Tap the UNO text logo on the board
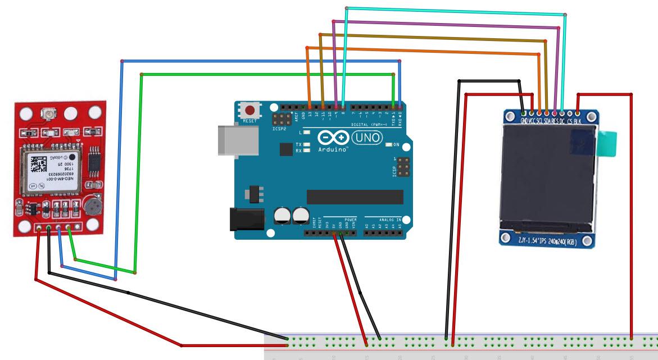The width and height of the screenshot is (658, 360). click(x=367, y=137)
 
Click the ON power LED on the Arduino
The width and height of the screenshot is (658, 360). click(x=389, y=144)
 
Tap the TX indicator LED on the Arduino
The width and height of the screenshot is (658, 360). click(x=306, y=144)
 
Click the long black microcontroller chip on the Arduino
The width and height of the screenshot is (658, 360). click(x=355, y=197)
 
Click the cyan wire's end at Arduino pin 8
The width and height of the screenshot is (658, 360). click(x=343, y=105)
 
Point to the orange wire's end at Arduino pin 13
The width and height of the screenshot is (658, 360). click(x=310, y=105)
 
